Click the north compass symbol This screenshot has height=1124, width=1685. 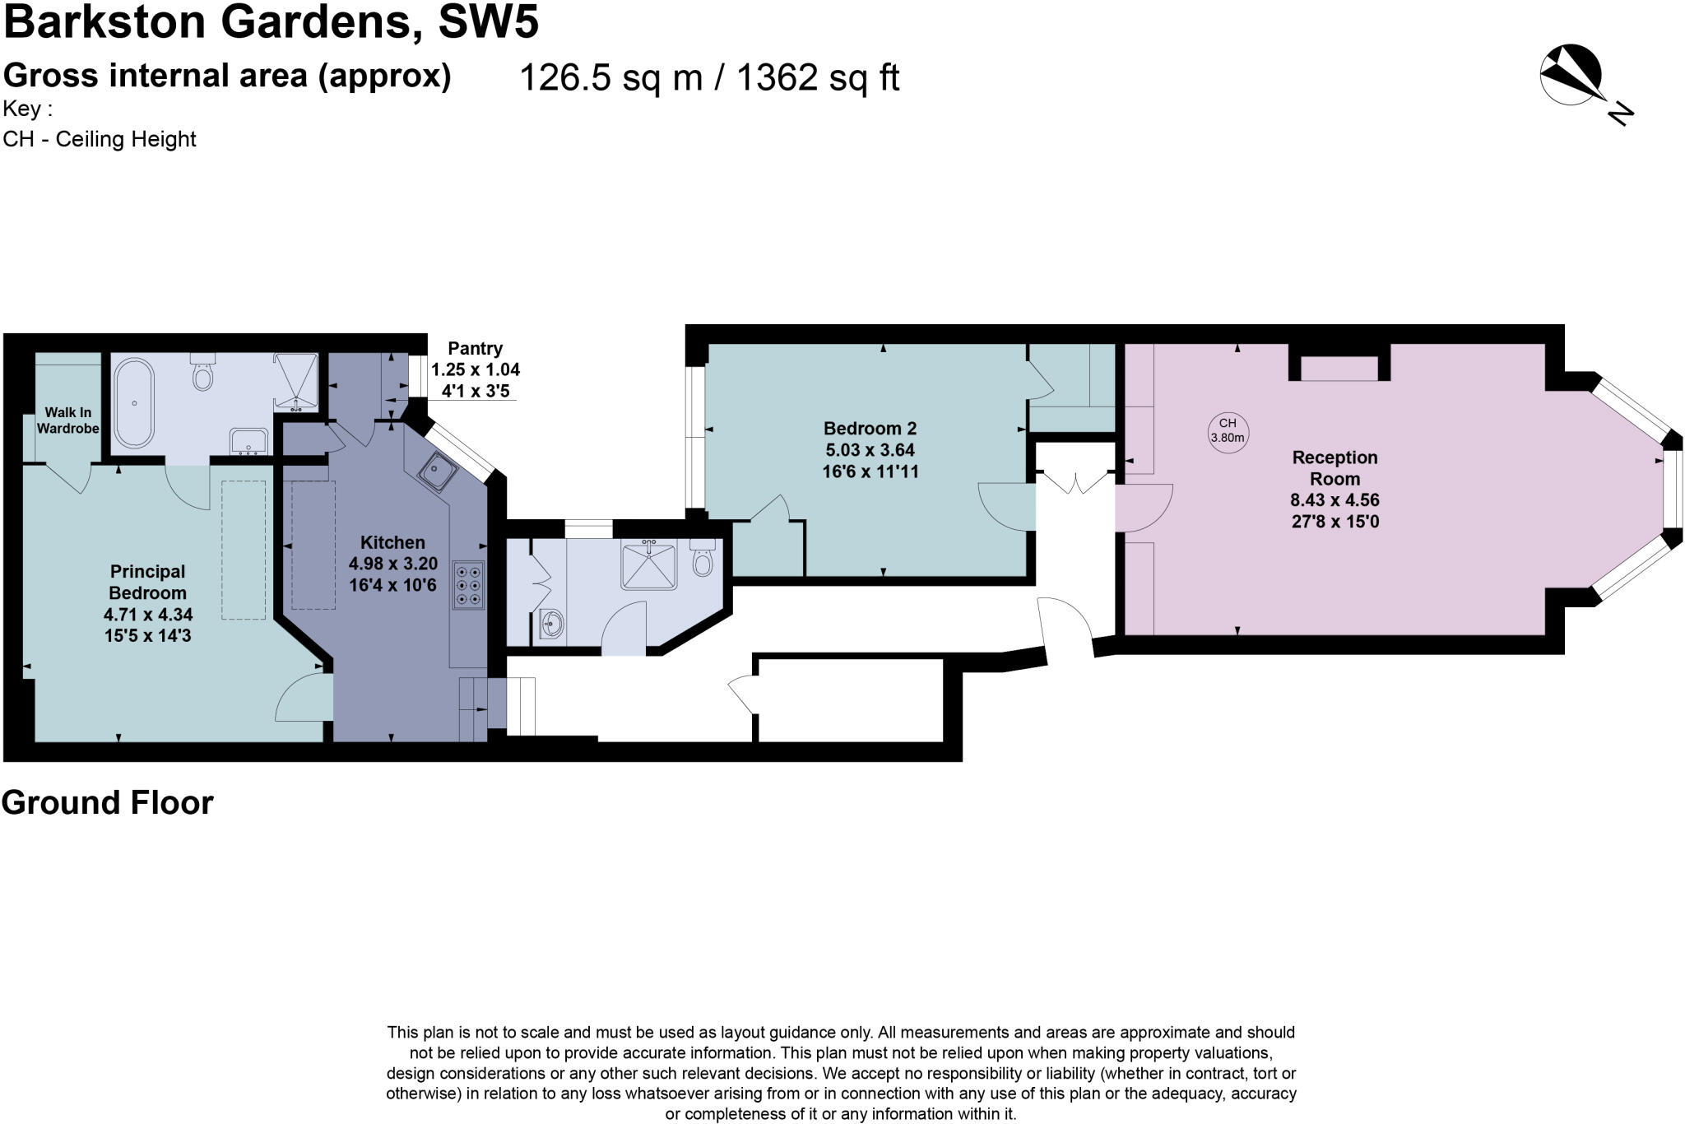(1571, 76)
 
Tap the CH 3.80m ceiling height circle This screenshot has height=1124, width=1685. (1227, 430)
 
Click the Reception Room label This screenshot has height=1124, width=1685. (1334, 468)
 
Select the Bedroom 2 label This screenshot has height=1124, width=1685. (870, 429)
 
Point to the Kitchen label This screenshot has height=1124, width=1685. (392, 543)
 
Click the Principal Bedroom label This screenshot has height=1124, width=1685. (148, 582)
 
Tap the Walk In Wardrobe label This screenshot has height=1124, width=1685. (67, 420)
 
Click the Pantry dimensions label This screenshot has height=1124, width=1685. (476, 370)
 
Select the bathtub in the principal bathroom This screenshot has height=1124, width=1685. (133, 403)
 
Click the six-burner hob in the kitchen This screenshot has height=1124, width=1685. (468, 585)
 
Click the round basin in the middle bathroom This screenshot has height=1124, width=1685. (551, 625)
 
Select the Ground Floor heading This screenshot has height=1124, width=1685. (108, 803)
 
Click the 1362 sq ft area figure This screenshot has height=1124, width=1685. (817, 78)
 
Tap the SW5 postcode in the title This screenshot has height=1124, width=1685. (489, 22)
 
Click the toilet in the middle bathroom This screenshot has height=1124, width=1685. (702, 558)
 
